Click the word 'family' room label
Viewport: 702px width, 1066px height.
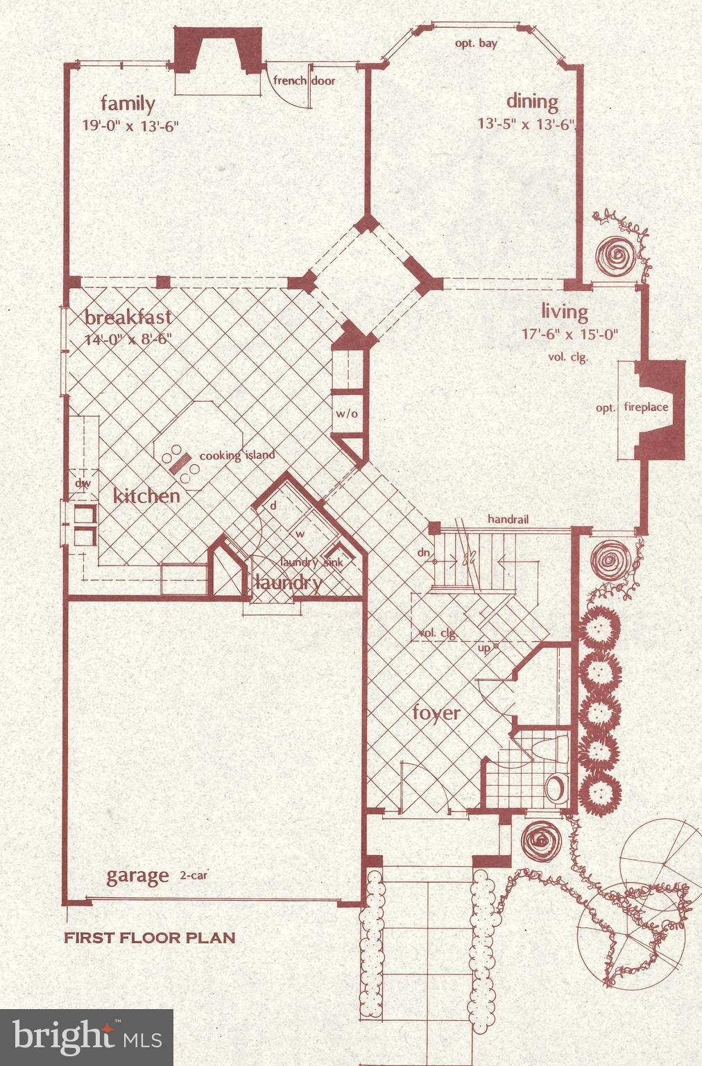(128, 104)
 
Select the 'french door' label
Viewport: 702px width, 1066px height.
(304, 81)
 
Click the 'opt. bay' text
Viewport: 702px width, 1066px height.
(476, 43)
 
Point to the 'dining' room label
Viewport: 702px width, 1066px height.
(532, 102)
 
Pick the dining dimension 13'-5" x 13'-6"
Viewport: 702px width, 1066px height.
(528, 124)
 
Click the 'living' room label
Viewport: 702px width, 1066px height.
(565, 312)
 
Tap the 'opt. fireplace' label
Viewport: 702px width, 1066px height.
(632, 407)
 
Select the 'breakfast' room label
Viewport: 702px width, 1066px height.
(128, 318)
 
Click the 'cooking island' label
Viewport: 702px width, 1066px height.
(237, 455)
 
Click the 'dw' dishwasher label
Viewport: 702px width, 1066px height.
(83, 483)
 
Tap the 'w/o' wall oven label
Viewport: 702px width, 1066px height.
(347, 414)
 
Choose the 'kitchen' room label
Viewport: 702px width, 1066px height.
(146, 496)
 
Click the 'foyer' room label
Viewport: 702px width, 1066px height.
(436, 713)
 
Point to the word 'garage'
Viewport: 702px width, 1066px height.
(137, 876)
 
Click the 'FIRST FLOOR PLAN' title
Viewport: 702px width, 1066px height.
(150, 938)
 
